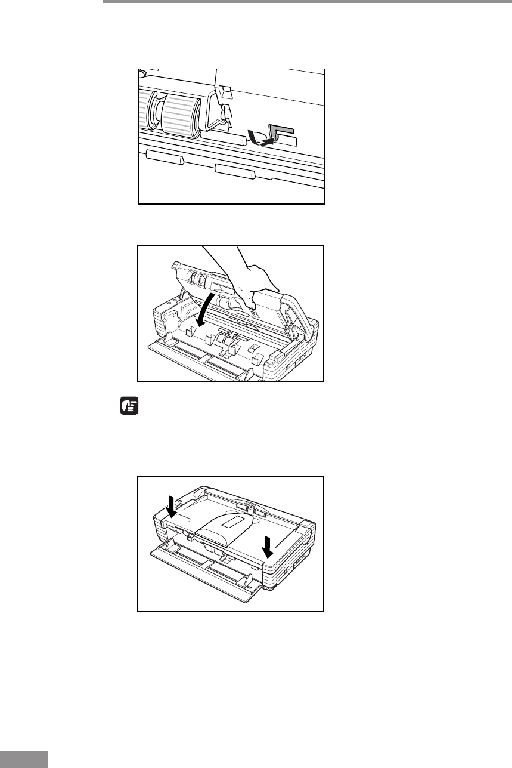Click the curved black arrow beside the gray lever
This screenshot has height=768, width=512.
tap(260, 139)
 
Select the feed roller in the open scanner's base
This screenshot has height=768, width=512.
tap(226, 341)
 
